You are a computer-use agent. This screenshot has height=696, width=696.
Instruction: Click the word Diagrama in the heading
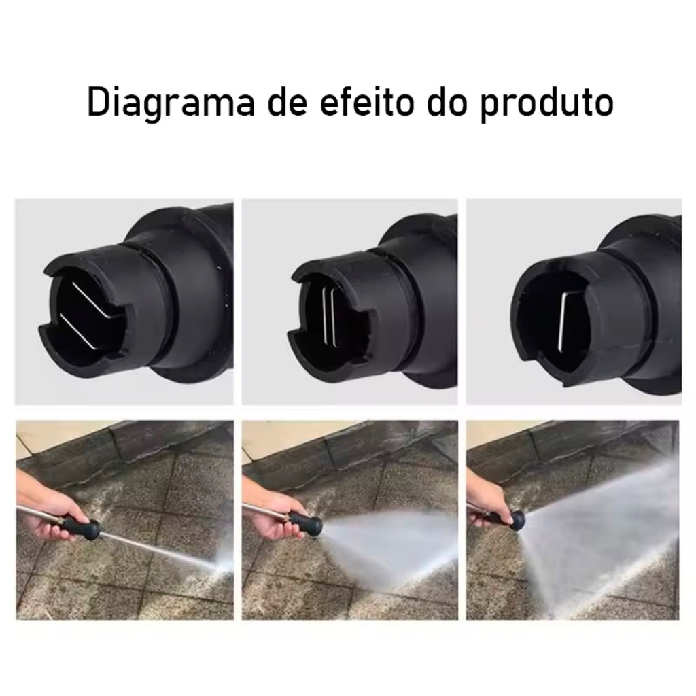pyautogui.click(x=171, y=103)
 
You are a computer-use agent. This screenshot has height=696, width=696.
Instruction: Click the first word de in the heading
pyautogui.click(x=288, y=102)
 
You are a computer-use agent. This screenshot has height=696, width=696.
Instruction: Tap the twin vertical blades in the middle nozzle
pyautogui.click(x=328, y=316)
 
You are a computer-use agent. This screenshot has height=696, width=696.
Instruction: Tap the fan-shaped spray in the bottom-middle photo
pyautogui.click(x=391, y=544)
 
